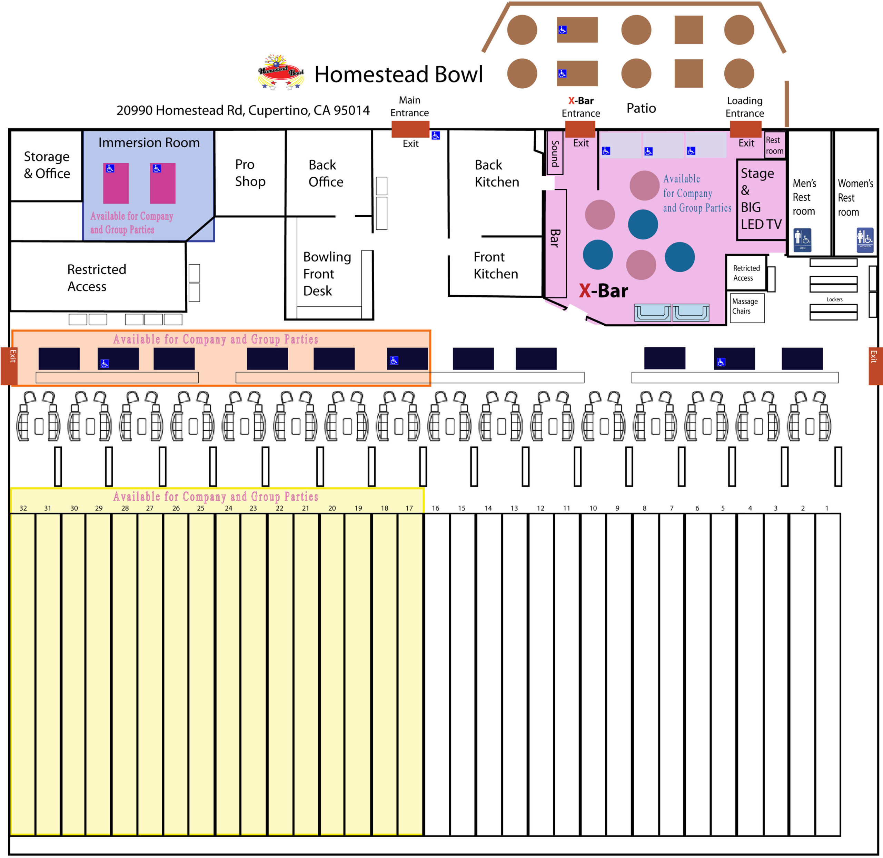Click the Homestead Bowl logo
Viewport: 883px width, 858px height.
point(281,72)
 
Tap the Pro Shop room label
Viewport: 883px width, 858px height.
point(250,173)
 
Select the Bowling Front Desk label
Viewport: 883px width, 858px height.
point(327,274)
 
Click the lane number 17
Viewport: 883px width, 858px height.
point(409,508)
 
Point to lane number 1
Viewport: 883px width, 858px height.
point(827,508)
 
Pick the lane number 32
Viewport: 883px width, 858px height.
point(23,508)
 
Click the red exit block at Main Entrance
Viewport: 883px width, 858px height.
point(410,129)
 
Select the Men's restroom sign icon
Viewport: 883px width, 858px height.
point(802,240)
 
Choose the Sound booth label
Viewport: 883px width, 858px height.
point(555,154)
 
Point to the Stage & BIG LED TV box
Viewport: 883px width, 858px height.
point(761,199)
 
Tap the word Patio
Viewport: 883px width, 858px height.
point(641,108)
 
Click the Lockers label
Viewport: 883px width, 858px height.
point(834,299)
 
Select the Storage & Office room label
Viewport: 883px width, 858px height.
point(47,165)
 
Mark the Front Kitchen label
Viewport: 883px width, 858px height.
point(496,265)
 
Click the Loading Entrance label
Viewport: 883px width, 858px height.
point(745,107)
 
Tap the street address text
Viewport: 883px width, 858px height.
point(243,110)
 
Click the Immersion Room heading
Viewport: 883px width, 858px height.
point(149,143)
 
